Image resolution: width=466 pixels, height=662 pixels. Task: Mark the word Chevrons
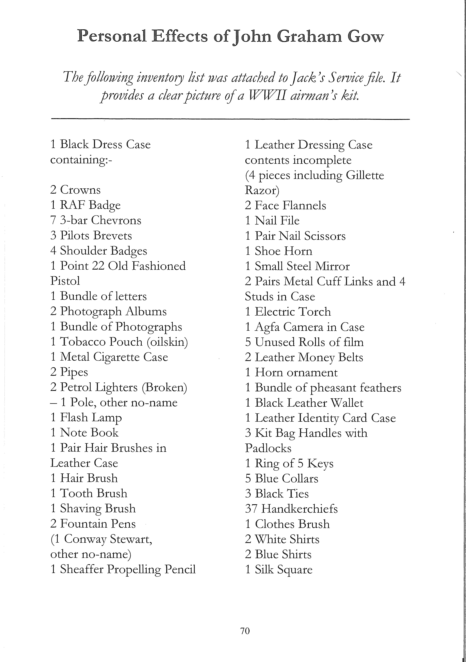(116, 220)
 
